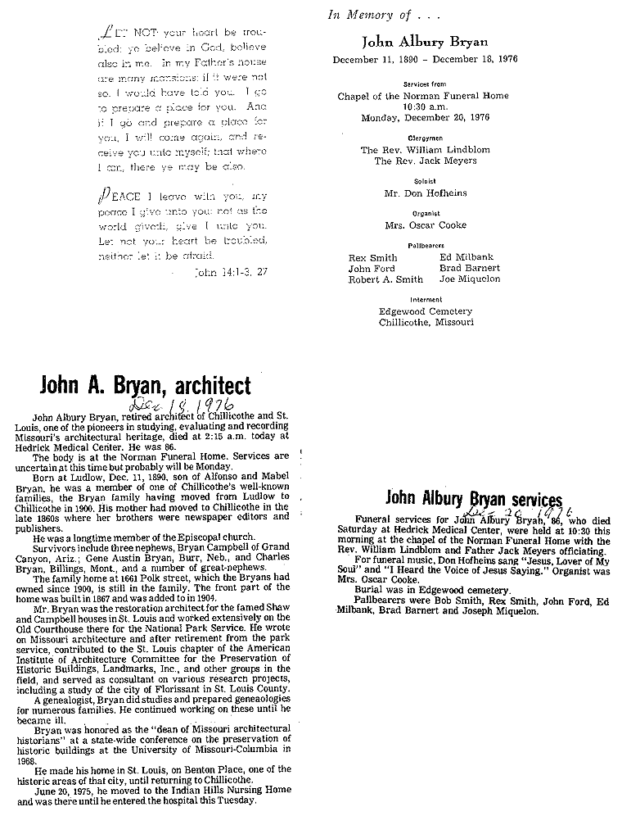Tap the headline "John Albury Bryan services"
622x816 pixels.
tap(474, 497)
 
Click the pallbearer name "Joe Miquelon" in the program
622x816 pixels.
tap(470, 279)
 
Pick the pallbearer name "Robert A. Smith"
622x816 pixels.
tap(386, 279)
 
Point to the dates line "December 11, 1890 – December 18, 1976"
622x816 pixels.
tap(425, 59)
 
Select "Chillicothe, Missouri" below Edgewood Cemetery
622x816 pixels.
tap(426, 322)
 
